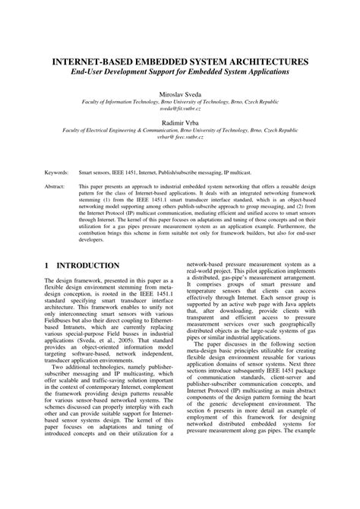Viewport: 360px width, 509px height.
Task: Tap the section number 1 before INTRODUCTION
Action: pos(46,266)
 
